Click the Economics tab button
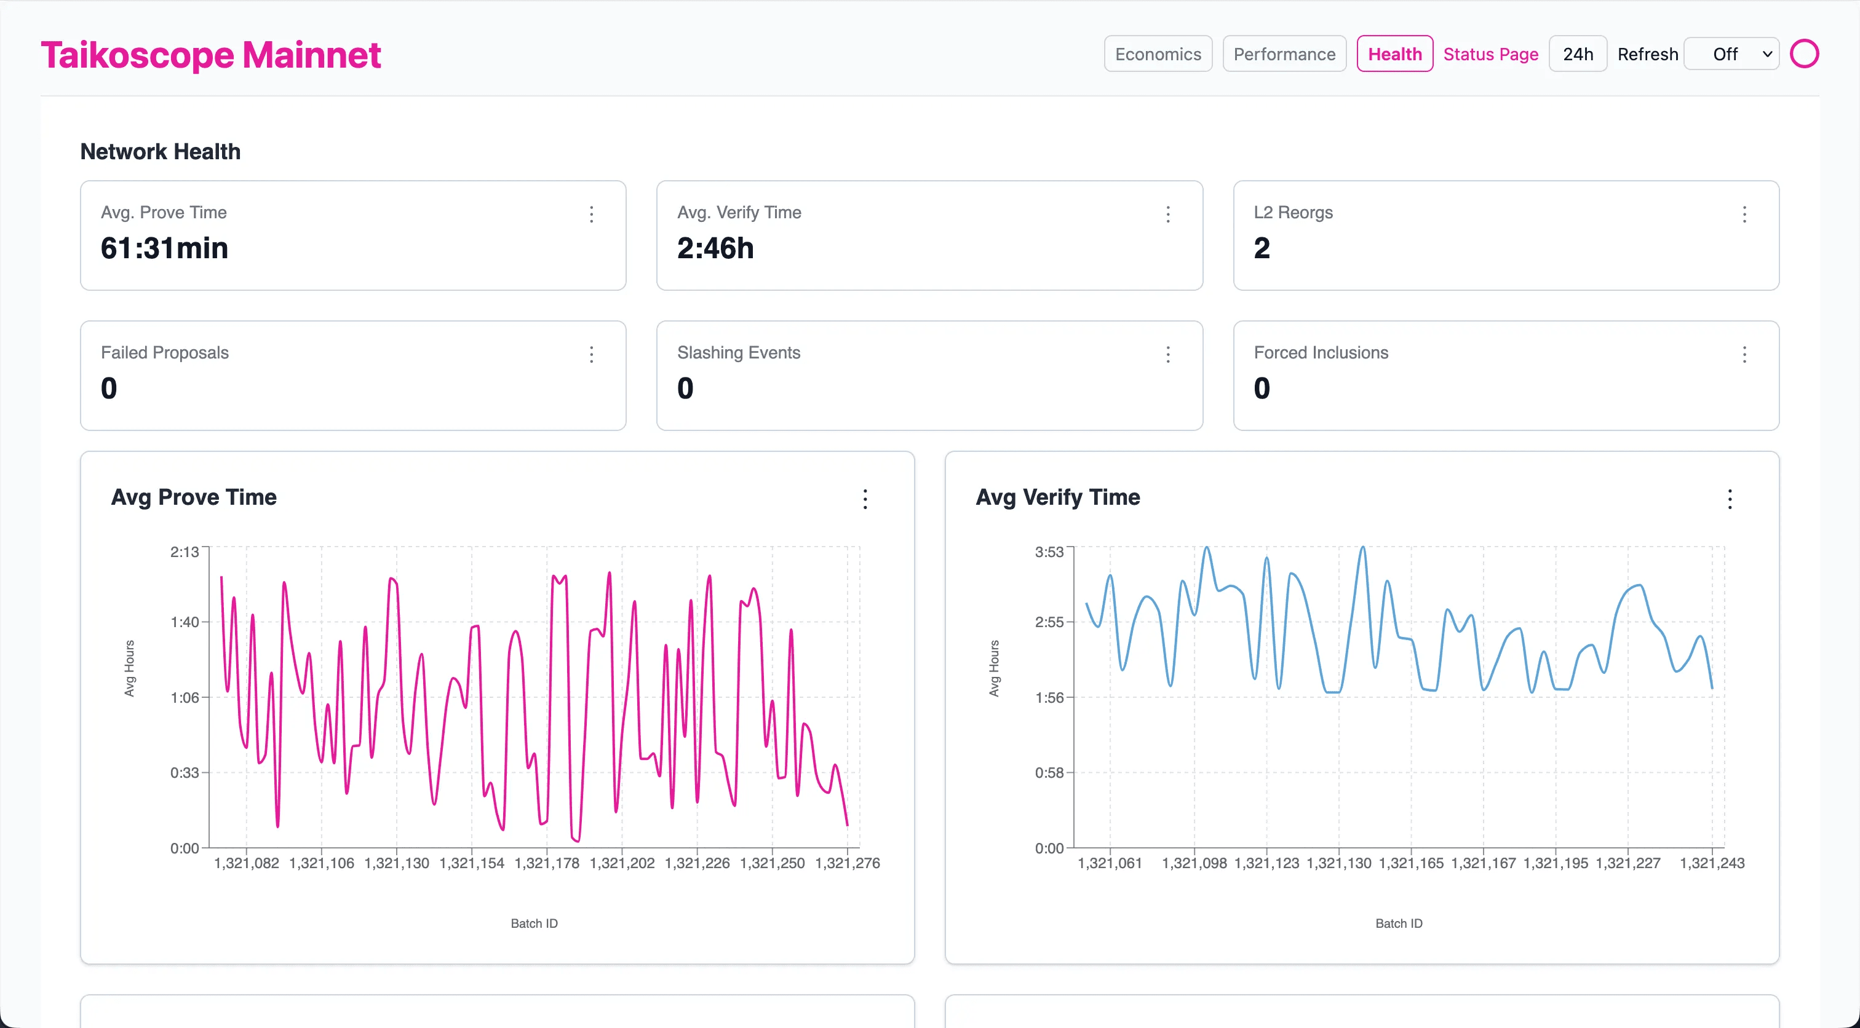pos(1158,54)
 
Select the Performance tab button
pos(1284,54)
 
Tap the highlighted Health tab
pos(1394,54)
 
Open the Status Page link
pos(1490,54)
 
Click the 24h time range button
pos(1577,54)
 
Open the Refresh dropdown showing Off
pos(1731,54)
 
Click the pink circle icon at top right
pos(1803,54)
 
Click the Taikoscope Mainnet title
pos(211,55)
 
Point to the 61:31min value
pos(165,248)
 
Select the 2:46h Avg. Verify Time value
pos(715,248)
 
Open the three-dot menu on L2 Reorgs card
pos(1744,215)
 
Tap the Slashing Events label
pos(738,352)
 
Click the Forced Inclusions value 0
pos(1261,389)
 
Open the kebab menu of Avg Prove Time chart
pos(865,499)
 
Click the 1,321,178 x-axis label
pos(547,863)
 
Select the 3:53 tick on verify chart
pos(1049,552)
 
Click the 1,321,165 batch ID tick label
pos(1410,863)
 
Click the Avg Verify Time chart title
pos(1057,497)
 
